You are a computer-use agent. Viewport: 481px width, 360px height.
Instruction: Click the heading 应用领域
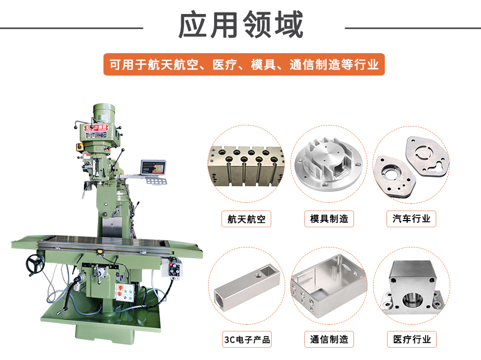coord(240,26)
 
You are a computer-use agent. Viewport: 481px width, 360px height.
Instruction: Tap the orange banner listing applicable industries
coord(244,64)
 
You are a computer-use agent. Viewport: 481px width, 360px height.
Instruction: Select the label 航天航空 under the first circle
coord(246,218)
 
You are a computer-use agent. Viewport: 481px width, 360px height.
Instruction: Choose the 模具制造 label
coord(329,218)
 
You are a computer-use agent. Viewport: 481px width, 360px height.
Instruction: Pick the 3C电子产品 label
coord(246,339)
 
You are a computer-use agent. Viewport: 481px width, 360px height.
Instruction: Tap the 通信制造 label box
coord(329,339)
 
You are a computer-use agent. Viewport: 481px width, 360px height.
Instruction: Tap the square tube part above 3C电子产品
coord(246,286)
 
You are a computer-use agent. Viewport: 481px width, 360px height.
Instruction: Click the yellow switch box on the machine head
coord(79,147)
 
